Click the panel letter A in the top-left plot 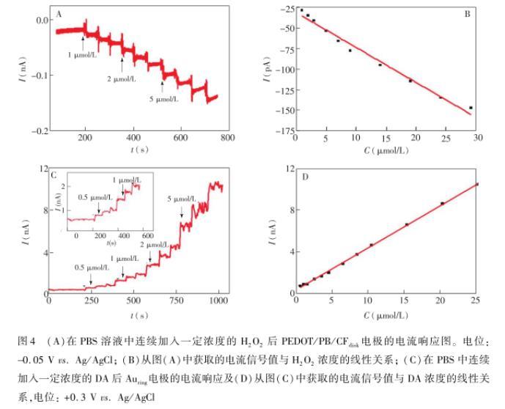59,12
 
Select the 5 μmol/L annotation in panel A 163,98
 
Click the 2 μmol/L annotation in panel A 122,78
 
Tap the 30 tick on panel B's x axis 476,138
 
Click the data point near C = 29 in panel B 471,108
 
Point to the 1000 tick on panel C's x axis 217,300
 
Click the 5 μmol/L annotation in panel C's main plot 183,199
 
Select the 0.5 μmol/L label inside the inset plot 93,196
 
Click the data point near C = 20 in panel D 442,203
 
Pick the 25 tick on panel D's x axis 476,300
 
